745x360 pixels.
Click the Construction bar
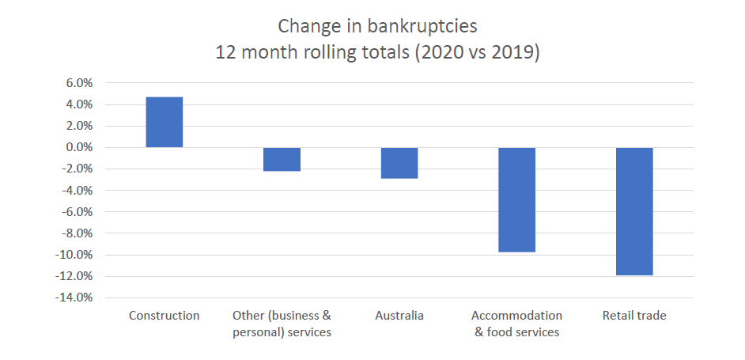(165, 122)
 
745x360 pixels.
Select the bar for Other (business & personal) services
(282, 159)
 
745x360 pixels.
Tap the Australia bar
(399, 163)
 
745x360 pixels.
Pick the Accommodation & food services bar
(516, 199)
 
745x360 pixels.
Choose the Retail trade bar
(634, 211)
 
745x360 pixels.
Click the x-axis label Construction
(165, 316)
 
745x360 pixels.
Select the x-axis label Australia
(399, 316)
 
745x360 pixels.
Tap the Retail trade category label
(634, 316)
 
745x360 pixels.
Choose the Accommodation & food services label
(516, 324)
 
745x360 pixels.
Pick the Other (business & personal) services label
(282, 324)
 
